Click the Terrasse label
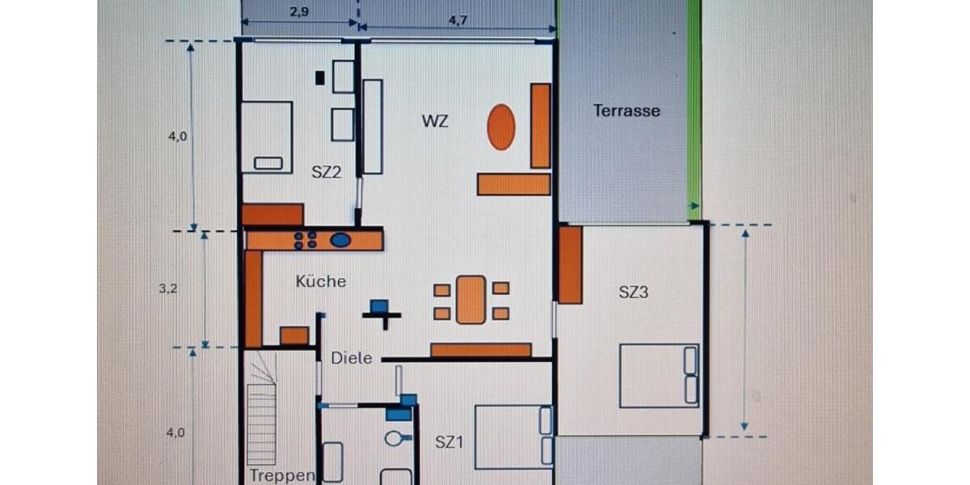coord(626,111)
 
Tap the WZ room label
coord(435,122)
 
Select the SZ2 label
coord(327,171)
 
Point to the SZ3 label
coord(633,293)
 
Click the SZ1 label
coord(449,442)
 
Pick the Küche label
coord(321,281)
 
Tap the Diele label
coord(352,358)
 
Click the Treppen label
coord(281,475)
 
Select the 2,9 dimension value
coord(298,12)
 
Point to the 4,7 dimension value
coord(458,21)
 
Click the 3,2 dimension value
coord(167,288)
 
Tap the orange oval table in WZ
coord(501,127)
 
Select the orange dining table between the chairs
coord(471,299)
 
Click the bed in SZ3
coord(659,376)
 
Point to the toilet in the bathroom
coord(394,439)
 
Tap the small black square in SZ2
coord(320,78)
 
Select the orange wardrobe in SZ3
coord(570,264)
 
